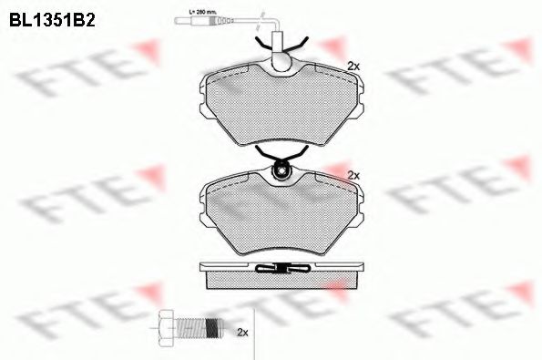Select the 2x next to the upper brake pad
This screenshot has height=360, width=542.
[x=353, y=66]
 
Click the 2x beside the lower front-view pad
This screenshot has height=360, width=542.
[x=353, y=174]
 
